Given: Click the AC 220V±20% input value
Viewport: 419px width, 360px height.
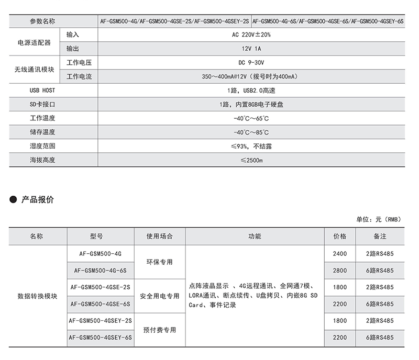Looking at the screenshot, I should tap(251, 35).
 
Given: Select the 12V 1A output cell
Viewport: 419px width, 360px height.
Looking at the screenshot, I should tap(251, 49).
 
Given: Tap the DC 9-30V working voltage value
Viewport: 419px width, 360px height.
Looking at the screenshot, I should tap(251, 63).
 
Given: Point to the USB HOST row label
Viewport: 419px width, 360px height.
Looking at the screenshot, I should tap(42, 91).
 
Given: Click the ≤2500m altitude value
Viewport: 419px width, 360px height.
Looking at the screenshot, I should tap(251, 160).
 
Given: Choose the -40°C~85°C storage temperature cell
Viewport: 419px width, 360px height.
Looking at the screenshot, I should tap(251, 132).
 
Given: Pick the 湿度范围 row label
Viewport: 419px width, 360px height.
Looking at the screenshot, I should tap(42, 147).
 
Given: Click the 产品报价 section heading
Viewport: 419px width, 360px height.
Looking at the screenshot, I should tap(37, 200).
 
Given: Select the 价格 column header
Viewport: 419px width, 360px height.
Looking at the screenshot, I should tap(340, 237).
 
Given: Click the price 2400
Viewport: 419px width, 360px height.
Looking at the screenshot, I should tap(340, 254).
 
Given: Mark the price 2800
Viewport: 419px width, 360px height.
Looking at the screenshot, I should tap(340, 271).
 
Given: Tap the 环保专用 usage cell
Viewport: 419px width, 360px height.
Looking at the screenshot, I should tap(160, 262).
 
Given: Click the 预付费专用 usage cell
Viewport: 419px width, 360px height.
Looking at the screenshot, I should tap(160, 330).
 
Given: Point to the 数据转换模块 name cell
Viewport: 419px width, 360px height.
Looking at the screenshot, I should tap(38, 296).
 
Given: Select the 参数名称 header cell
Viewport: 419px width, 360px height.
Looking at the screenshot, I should tap(42, 21).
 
